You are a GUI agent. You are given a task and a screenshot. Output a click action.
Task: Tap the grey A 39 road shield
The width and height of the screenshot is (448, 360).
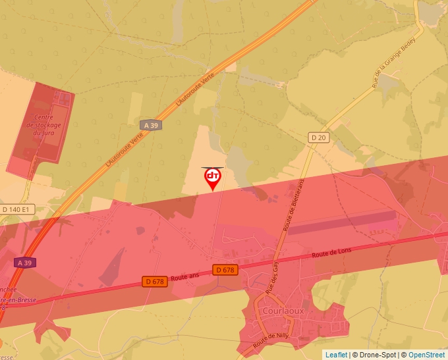(151, 125)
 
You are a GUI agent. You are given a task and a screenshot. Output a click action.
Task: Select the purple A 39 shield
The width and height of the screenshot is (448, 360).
(24, 263)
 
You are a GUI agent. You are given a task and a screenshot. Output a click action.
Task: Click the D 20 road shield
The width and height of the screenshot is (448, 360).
(318, 137)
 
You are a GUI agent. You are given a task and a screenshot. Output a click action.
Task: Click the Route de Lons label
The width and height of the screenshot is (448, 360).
(332, 253)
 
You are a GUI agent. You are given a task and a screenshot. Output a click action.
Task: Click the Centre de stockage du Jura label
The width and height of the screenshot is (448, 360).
(44, 125)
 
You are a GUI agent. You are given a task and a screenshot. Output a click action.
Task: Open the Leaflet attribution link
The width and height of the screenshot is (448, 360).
(336, 355)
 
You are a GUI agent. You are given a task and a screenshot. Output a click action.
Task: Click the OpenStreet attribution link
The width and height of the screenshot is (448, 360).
(426, 355)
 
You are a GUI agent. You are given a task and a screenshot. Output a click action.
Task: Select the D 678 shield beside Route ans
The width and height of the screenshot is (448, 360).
(154, 282)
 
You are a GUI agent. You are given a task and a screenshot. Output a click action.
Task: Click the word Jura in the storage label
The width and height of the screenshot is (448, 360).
(47, 132)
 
